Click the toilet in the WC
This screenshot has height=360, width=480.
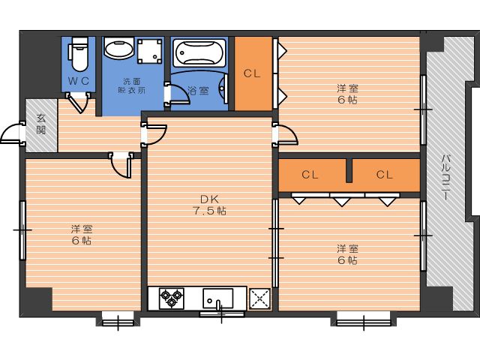coord(79,53)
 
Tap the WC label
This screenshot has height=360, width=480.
coord(78,81)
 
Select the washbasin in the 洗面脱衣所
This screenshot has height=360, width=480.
coord(118,48)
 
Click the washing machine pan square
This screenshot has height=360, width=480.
coord(149,51)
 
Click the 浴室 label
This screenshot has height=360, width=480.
coord(198,91)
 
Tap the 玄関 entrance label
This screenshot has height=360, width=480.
coord(41,124)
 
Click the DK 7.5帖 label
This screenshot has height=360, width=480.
coord(210,205)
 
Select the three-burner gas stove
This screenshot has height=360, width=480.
coord(172,298)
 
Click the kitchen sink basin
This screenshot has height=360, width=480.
coord(217,298)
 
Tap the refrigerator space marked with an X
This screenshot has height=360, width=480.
coord(259,298)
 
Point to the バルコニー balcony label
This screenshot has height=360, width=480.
coord(446,178)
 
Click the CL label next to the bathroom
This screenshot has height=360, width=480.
coord(252,73)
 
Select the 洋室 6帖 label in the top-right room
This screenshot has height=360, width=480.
coord(347,94)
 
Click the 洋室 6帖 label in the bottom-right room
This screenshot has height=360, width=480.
coord(347,254)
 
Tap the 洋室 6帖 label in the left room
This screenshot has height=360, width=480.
coord(82,235)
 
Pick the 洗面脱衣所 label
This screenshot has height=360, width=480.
coord(132,86)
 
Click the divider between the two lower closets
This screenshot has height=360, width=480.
coord(349,170)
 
